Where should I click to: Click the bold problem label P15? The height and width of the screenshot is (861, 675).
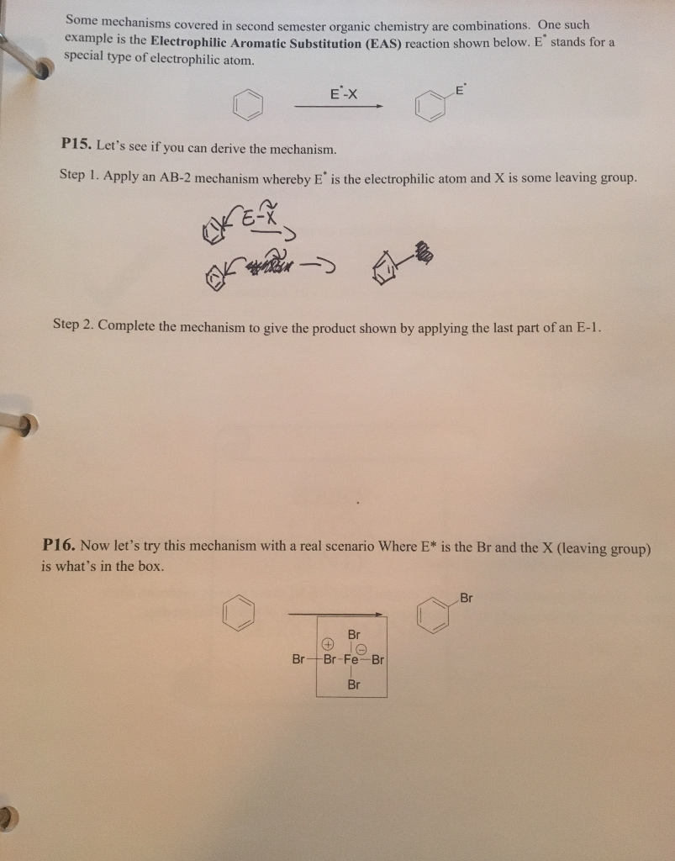76,145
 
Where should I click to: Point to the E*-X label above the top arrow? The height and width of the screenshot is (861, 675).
343,95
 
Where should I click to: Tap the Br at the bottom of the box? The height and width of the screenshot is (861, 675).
353,684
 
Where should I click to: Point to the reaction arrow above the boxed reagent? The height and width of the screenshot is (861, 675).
336,615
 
